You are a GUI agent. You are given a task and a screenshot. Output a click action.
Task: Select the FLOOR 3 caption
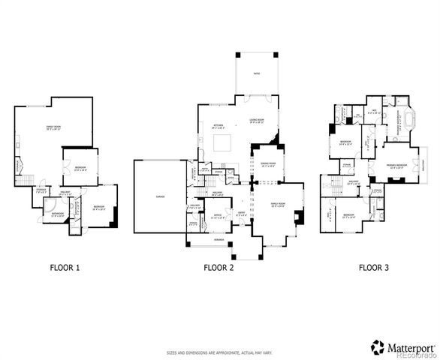point(373,266)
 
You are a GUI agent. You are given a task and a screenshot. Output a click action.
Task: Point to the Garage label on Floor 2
point(161,196)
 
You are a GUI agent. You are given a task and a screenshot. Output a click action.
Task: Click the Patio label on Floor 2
point(256,74)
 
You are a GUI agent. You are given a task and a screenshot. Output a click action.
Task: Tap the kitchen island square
point(223,142)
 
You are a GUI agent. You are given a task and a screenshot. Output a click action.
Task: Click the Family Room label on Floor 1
point(54,129)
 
